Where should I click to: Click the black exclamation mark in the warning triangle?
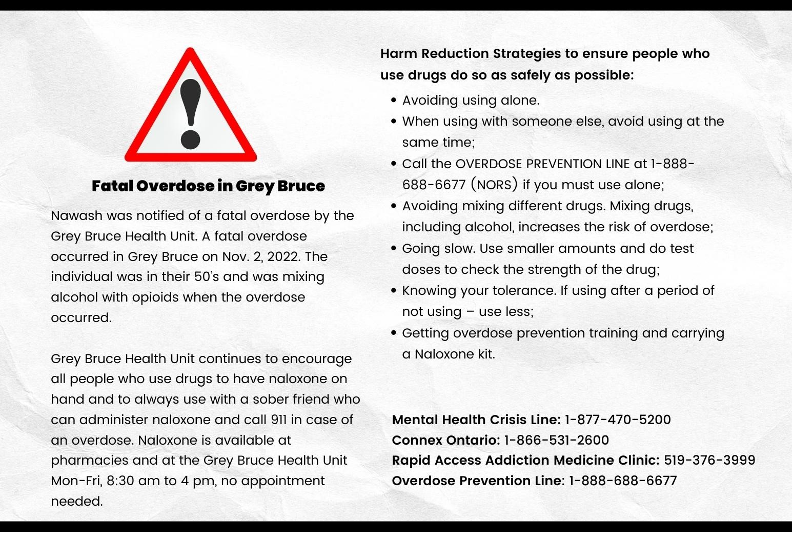tap(191, 113)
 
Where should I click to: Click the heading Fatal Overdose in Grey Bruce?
tap(208, 186)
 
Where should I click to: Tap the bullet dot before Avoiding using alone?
tap(393, 101)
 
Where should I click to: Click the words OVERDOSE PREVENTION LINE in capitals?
tap(542, 164)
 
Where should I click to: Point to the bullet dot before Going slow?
tap(393, 249)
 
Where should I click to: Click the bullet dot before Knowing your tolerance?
tap(393, 291)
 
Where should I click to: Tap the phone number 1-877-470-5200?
tap(618, 420)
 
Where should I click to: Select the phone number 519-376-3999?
tap(709, 460)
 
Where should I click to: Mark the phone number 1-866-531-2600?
tap(557, 440)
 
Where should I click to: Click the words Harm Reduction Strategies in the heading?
tap(471, 53)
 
